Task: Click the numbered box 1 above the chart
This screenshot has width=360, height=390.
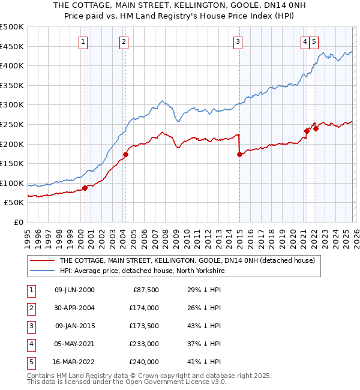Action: [x=83, y=41]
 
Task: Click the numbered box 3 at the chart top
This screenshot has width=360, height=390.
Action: [x=238, y=41]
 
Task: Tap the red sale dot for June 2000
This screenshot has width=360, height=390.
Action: [x=85, y=188]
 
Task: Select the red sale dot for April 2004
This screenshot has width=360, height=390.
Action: [x=126, y=154]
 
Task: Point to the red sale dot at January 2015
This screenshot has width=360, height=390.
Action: [x=239, y=154]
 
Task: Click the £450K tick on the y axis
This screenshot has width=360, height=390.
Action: [x=12, y=46]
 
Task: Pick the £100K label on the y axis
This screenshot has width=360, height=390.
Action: [x=12, y=183]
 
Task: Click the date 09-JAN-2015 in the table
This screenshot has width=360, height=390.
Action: [x=74, y=326]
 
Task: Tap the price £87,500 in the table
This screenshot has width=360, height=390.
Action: [x=144, y=290]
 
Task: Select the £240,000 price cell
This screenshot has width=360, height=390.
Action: [x=144, y=362]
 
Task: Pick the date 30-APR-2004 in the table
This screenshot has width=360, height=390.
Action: [x=74, y=308]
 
